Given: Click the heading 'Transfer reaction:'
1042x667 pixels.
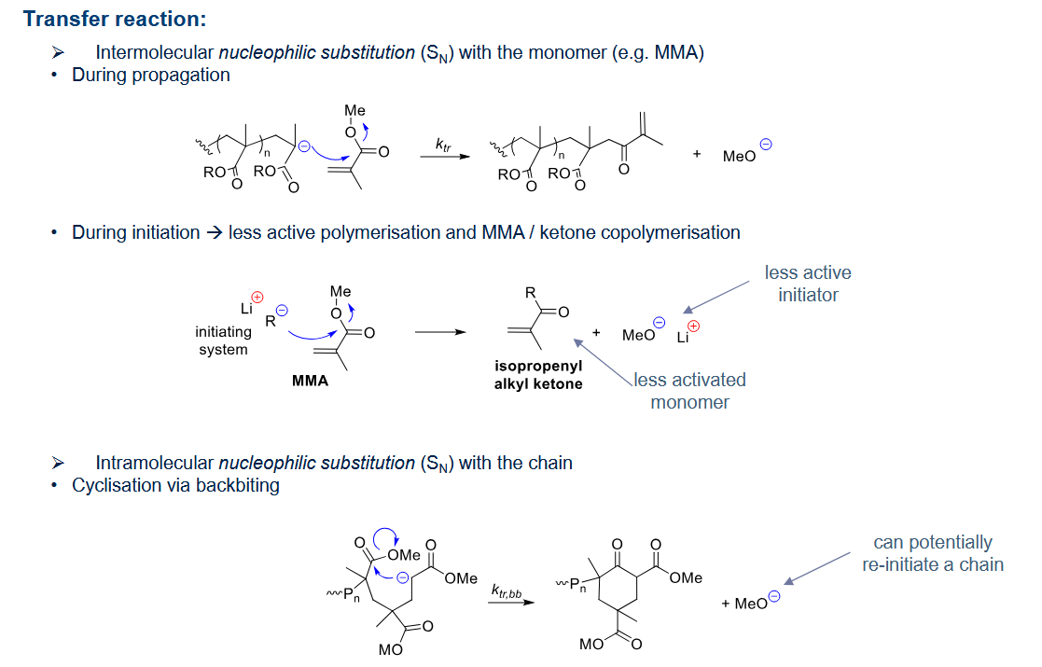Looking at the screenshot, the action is [115, 19].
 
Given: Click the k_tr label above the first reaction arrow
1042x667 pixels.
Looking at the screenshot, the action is [443, 145].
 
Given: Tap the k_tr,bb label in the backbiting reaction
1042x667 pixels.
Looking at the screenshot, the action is [507, 591].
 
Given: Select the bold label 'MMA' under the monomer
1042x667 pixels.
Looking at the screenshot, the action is [311, 381].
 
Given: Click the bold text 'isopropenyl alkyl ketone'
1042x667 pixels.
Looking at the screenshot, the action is [538, 375].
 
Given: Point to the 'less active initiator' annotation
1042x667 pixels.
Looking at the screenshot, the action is [808, 284].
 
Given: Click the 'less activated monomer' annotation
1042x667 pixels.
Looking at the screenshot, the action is [689, 391].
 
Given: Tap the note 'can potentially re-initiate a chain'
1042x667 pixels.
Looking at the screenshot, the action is [933, 553].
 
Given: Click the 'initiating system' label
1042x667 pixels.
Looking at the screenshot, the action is [223, 340].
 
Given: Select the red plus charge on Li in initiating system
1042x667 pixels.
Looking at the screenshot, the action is [257, 297].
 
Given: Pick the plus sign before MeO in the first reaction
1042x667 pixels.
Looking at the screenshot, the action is [697, 154].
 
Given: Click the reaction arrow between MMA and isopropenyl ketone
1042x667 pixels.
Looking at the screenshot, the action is [440, 332].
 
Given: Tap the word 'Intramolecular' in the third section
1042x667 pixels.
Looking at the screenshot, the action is [154, 463].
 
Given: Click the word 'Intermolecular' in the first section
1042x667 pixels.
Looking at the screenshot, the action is [154, 52].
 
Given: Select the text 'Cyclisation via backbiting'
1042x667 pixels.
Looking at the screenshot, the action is [175, 486].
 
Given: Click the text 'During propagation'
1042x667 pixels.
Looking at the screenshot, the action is [151, 75].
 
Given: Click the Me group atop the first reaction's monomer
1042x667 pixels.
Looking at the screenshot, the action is [354, 110].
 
